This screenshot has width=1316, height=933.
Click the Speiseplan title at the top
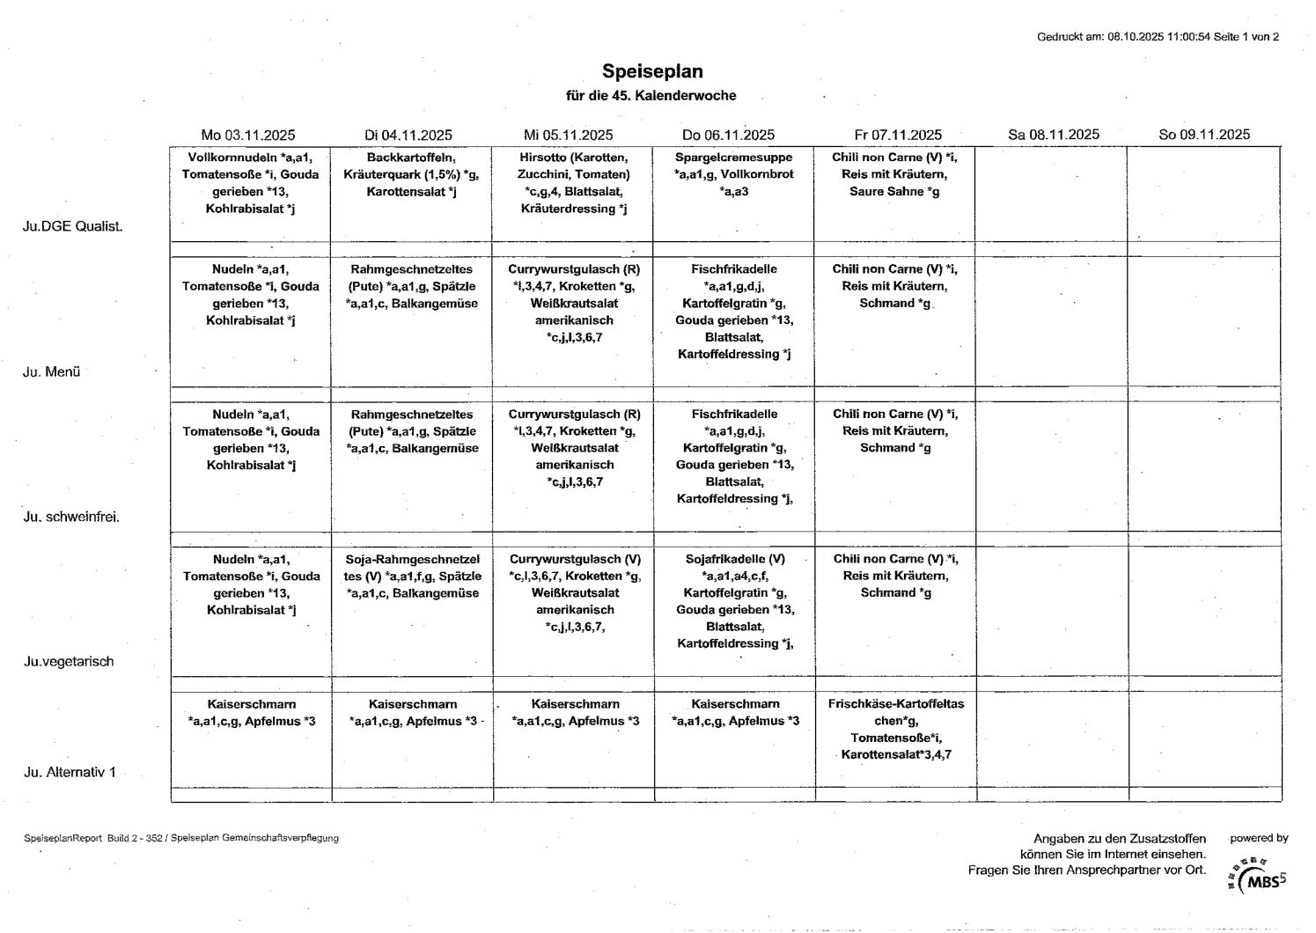point(652,71)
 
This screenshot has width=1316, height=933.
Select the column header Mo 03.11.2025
point(248,135)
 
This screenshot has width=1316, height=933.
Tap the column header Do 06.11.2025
point(728,135)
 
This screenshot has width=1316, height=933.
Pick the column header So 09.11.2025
point(1204,135)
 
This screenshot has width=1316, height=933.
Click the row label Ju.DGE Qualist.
point(73,226)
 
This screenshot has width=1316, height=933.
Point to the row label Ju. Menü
point(52,371)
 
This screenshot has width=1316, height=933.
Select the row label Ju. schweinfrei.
point(71,517)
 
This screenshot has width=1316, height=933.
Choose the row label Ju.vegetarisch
point(69,662)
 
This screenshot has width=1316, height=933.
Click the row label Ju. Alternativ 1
point(70,773)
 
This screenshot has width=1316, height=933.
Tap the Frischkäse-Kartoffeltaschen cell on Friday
point(895,729)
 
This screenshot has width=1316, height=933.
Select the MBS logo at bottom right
point(1261,878)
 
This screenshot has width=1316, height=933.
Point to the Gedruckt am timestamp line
point(1158,37)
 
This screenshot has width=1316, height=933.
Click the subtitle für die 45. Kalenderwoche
point(651,95)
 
